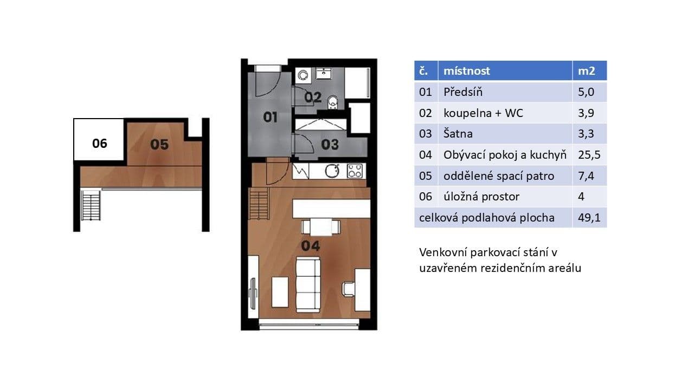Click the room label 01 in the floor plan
pos(271,116)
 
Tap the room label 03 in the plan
pos(330,144)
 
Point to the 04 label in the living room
pos(311,245)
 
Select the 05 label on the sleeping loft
pos(159,144)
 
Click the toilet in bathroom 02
pos(333,102)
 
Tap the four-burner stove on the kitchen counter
pos(355,171)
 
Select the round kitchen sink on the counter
pos(332,171)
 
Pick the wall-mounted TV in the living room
pos(252,293)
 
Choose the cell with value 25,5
pos(589,155)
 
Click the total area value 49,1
pos(589,218)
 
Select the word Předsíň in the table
pos(462,92)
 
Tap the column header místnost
pos(466,71)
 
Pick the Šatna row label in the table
pos(458,134)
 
